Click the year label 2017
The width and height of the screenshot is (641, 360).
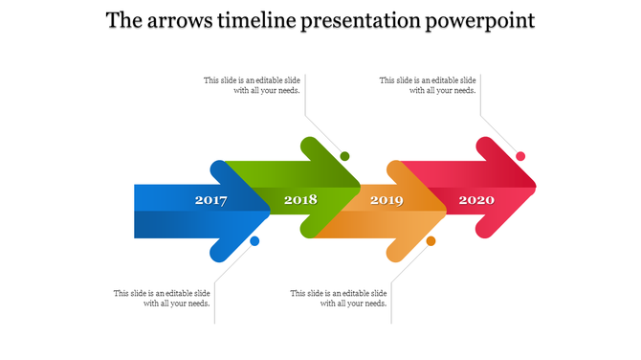210,201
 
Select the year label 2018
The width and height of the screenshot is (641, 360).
300,201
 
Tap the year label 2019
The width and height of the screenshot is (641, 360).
387,201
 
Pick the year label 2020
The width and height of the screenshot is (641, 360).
475,201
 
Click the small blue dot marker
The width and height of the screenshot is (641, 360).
254,241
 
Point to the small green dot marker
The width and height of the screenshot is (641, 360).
344,156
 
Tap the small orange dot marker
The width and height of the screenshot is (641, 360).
431,241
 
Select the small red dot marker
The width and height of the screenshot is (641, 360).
520,156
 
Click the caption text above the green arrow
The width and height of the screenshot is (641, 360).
253,86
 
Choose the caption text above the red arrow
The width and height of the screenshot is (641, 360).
428,86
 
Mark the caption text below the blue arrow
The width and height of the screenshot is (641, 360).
162,298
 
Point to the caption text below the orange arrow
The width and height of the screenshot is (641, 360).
339,298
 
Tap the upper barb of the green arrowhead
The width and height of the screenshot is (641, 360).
312,147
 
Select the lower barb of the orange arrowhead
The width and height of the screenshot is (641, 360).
398,252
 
